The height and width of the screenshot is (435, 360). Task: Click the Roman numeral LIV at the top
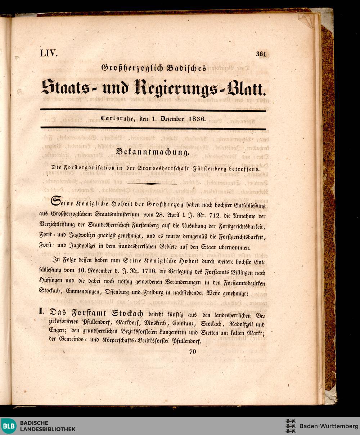coord(49,53)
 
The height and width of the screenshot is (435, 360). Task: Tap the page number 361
coord(261,54)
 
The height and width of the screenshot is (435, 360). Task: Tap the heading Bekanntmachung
coord(153,152)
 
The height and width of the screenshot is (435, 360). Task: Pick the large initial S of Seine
coord(56,202)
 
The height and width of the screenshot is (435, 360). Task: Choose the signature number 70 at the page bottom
coord(192,352)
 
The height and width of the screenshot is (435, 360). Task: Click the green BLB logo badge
coord(9,426)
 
